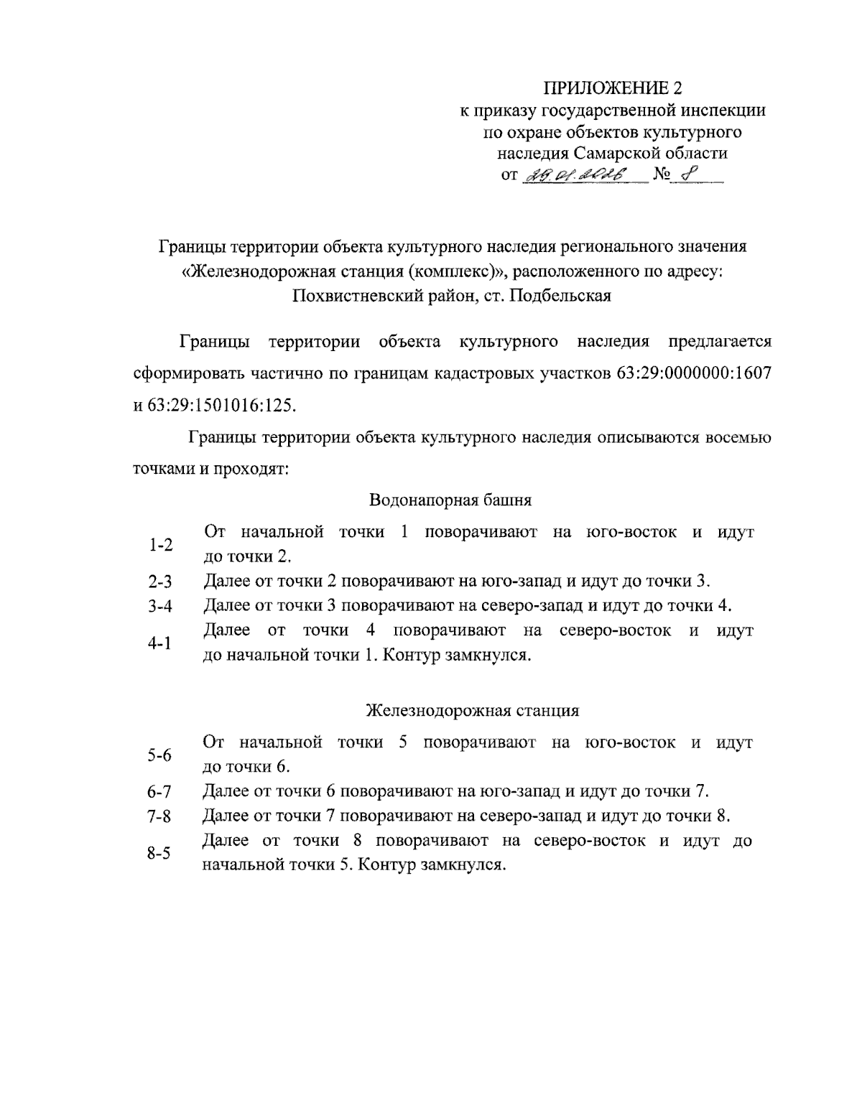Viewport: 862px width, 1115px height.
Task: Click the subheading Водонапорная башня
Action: (x=450, y=500)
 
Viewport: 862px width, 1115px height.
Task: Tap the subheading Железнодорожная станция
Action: (x=472, y=710)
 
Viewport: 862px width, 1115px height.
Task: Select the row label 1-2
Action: (x=161, y=545)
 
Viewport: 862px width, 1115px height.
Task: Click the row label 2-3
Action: (x=161, y=582)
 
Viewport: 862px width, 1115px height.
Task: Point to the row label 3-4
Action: (x=161, y=607)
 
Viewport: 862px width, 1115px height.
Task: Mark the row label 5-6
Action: (x=159, y=755)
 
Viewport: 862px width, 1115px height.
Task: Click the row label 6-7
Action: (x=159, y=793)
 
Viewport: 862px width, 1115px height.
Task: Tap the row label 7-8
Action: (x=159, y=817)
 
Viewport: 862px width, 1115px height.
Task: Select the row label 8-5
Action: (x=159, y=853)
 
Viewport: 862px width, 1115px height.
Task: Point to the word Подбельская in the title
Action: (x=560, y=296)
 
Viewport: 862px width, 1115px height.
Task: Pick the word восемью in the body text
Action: (x=739, y=437)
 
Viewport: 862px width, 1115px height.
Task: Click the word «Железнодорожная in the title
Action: (x=250, y=271)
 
